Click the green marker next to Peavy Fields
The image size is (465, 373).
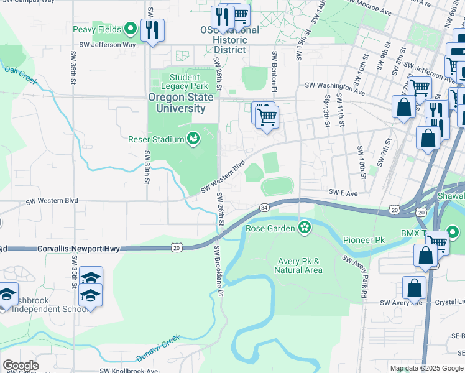pyautogui.click(x=131, y=29)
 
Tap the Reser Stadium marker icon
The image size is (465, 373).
pyautogui.click(x=193, y=139)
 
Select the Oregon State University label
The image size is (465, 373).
pyautogui.click(x=177, y=103)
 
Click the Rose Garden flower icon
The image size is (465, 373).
pyautogui.click(x=304, y=228)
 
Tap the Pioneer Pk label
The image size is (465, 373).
pyautogui.click(x=363, y=239)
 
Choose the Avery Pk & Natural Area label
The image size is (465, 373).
pyautogui.click(x=300, y=265)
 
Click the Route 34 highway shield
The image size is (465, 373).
pyautogui.click(x=264, y=207)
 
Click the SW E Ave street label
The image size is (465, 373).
pyautogui.click(x=343, y=193)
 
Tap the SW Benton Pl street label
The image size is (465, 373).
pyautogui.click(x=274, y=65)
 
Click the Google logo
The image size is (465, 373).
pyautogui.click(x=21, y=366)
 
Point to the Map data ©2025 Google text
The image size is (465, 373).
pyautogui.click(x=426, y=368)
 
